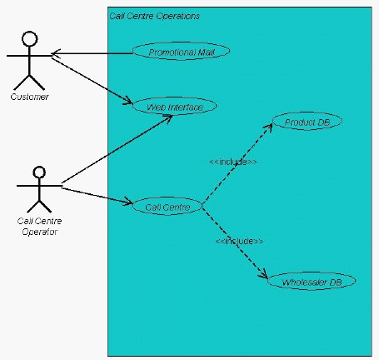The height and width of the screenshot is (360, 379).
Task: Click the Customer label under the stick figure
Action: (x=29, y=97)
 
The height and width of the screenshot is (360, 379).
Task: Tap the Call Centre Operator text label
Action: (x=39, y=227)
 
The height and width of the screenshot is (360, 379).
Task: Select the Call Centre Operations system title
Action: (x=154, y=16)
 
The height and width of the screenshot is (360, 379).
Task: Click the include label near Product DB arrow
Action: (x=233, y=162)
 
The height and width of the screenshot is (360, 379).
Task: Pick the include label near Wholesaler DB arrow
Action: (x=239, y=241)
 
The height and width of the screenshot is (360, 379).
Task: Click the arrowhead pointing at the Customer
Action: (x=56, y=53)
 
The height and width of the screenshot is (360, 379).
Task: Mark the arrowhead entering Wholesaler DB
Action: (x=263, y=274)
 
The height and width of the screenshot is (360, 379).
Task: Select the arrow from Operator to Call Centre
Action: (x=97, y=196)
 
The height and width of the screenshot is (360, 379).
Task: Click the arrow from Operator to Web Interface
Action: (x=117, y=149)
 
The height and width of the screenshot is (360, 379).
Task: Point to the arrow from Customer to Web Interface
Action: (x=92, y=81)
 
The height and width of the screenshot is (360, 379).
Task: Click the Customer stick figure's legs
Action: (x=29, y=82)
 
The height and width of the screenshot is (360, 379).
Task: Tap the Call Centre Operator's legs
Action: (x=39, y=206)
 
